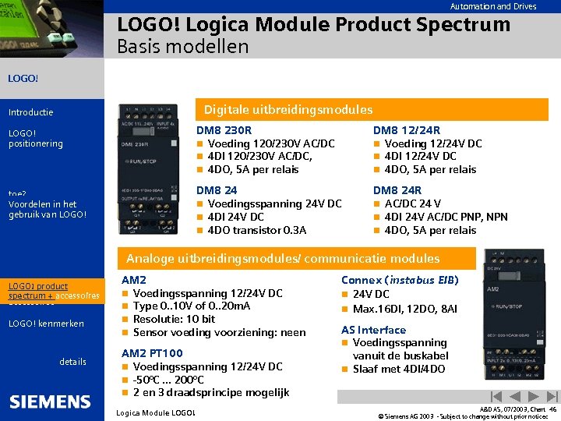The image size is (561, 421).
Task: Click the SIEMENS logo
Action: point(50,402)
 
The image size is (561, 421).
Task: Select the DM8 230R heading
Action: point(224,130)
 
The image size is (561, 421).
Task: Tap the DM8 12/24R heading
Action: point(407,130)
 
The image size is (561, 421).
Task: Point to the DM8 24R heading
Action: point(397,190)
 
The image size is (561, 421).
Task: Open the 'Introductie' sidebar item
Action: point(30,112)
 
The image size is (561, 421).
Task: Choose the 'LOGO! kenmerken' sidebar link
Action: point(46,324)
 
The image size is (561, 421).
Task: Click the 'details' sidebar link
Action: point(73,362)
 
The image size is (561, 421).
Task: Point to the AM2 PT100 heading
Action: point(152,353)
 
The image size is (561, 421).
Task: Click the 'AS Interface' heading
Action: point(373,330)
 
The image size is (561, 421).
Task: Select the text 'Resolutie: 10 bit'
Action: point(175,320)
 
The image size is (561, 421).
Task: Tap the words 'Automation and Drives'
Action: point(492,6)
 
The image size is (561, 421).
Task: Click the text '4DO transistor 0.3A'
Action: point(257,230)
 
